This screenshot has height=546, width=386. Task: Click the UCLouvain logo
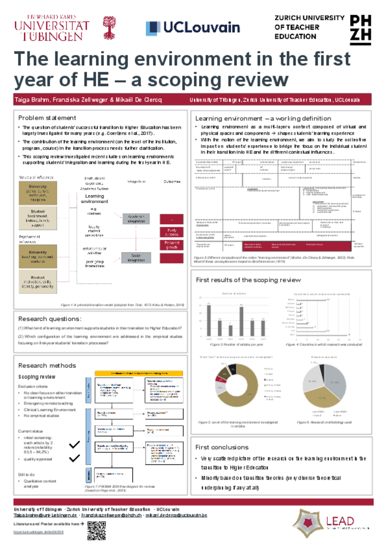(193, 28)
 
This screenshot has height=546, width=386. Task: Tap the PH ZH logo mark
(361, 30)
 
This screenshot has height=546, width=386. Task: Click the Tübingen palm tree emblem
(109, 28)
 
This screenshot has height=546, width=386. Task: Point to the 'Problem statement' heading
(47, 118)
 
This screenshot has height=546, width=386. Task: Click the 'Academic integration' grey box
(136, 219)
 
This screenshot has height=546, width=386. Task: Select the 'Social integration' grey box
(136, 258)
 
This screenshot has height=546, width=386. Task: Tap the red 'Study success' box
(172, 232)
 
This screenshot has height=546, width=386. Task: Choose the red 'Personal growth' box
(172, 245)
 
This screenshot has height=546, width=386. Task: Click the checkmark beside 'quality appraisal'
(74, 458)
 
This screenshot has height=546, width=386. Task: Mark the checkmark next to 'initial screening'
(74, 444)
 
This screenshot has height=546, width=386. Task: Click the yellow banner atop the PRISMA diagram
(139, 373)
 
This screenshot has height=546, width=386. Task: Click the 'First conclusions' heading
(222, 447)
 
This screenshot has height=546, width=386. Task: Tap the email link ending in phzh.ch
(111, 515)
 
